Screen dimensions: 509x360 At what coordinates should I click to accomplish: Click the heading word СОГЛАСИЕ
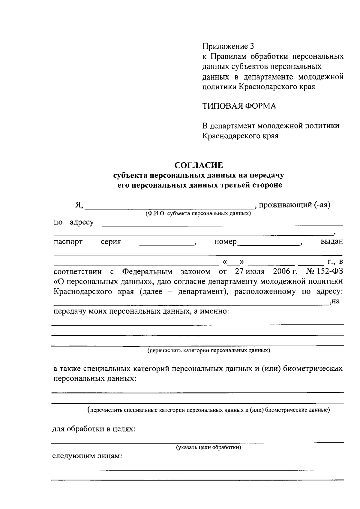199,165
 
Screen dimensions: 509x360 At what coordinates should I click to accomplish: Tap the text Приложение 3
228,46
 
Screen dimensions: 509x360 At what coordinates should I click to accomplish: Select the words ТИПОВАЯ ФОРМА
239,106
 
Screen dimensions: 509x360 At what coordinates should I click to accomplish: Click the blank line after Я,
169,206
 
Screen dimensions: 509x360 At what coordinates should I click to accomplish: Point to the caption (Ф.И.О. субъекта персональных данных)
198,214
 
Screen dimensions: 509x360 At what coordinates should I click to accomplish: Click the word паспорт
68,242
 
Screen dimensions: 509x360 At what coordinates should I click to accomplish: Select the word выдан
332,242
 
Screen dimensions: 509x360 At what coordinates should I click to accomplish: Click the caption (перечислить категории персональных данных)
208,350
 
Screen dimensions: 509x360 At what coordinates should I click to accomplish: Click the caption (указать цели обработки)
208,447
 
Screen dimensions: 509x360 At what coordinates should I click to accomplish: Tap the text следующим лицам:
87,456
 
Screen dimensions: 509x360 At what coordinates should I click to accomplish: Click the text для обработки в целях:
94,429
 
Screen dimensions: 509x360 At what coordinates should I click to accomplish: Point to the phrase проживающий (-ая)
295,205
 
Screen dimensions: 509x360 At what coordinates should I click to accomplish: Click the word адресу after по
82,222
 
